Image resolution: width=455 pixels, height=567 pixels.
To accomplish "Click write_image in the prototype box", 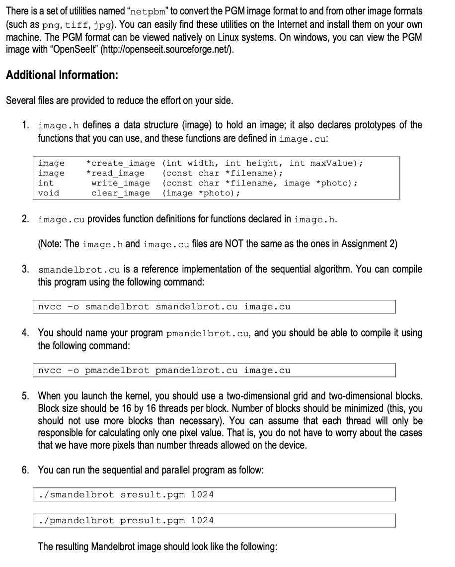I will point(120,183).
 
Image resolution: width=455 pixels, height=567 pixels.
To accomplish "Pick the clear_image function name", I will point(120,193).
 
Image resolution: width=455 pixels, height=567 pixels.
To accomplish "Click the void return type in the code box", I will point(49,193).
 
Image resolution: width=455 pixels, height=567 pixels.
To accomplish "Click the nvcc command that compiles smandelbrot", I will point(164,307).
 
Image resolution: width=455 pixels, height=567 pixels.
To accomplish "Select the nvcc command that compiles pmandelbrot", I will point(164,371).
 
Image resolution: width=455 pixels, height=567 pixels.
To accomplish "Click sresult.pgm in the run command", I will point(153,495).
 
